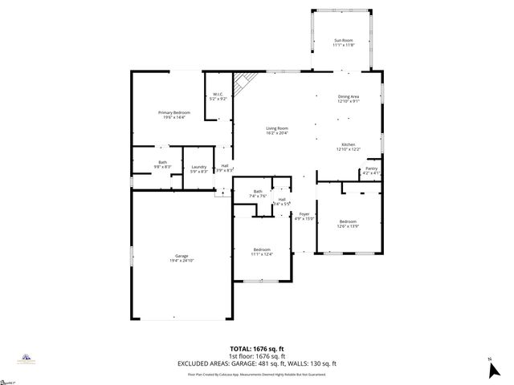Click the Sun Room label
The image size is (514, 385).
343,39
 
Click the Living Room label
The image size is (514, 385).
277,128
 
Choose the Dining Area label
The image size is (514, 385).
349,96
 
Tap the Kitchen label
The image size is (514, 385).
349,144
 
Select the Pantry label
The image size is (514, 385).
371,168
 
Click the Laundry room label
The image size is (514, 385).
199,167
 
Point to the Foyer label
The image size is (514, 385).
304,214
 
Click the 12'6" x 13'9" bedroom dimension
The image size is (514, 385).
348,226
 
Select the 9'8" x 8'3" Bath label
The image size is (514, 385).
163,165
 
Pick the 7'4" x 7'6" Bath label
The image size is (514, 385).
258,195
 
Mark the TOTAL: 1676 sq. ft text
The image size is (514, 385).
257,349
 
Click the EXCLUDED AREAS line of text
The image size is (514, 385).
257,363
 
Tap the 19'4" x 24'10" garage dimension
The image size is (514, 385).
182,260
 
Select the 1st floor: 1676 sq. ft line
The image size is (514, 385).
257,356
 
